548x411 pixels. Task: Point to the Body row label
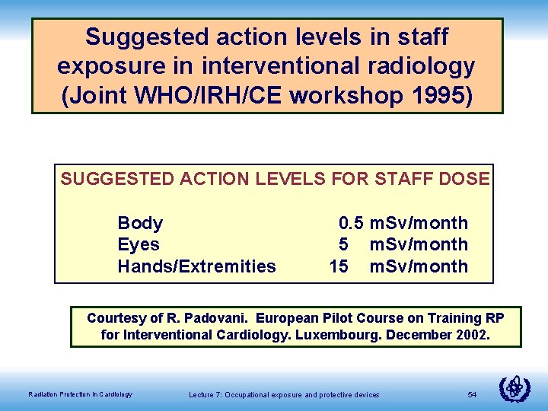(x=140, y=223)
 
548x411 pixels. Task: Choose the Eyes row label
(x=139, y=244)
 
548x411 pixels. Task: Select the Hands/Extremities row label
(x=196, y=266)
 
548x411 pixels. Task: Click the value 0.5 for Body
(x=351, y=223)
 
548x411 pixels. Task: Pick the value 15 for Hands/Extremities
(x=339, y=266)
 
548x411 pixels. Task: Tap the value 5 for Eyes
(x=344, y=244)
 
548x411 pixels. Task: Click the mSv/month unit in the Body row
(x=419, y=223)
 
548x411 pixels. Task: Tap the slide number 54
(x=472, y=394)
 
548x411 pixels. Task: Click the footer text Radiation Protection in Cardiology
(x=80, y=394)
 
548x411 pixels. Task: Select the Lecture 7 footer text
(x=284, y=394)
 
